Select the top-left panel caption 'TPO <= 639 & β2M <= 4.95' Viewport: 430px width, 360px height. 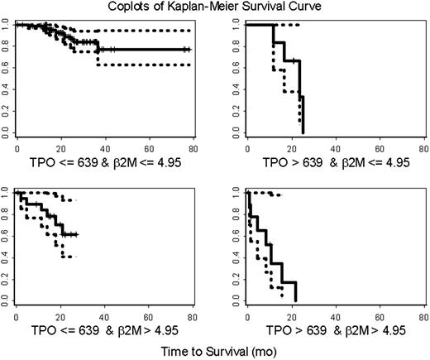coord(105,161)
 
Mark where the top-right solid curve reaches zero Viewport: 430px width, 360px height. coord(303,132)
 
